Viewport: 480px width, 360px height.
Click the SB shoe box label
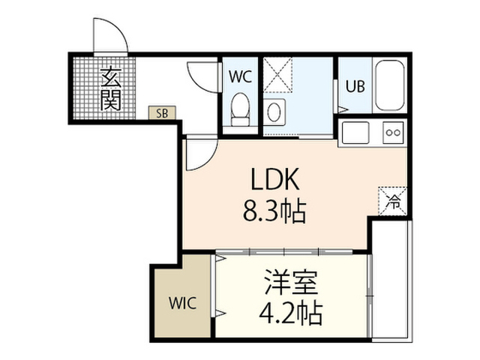(162, 113)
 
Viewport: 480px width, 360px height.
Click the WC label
(240, 76)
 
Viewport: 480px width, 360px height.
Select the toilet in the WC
(240, 109)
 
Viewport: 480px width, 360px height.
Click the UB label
(355, 86)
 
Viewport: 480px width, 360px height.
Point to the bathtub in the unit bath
(390, 85)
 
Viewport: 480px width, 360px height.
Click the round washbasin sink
(274, 112)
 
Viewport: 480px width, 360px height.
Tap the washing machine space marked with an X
(278, 75)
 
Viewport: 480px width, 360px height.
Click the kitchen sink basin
(355, 133)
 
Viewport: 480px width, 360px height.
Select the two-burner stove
(393, 133)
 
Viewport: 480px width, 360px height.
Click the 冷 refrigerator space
(393, 201)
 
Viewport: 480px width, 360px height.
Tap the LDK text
(274, 179)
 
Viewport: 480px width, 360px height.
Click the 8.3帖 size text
(274, 211)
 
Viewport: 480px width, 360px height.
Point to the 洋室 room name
(290, 282)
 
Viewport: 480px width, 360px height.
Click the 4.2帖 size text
(291, 313)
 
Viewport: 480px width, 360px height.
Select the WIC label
(182, 303)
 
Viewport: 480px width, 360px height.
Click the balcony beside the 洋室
(391, 279)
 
